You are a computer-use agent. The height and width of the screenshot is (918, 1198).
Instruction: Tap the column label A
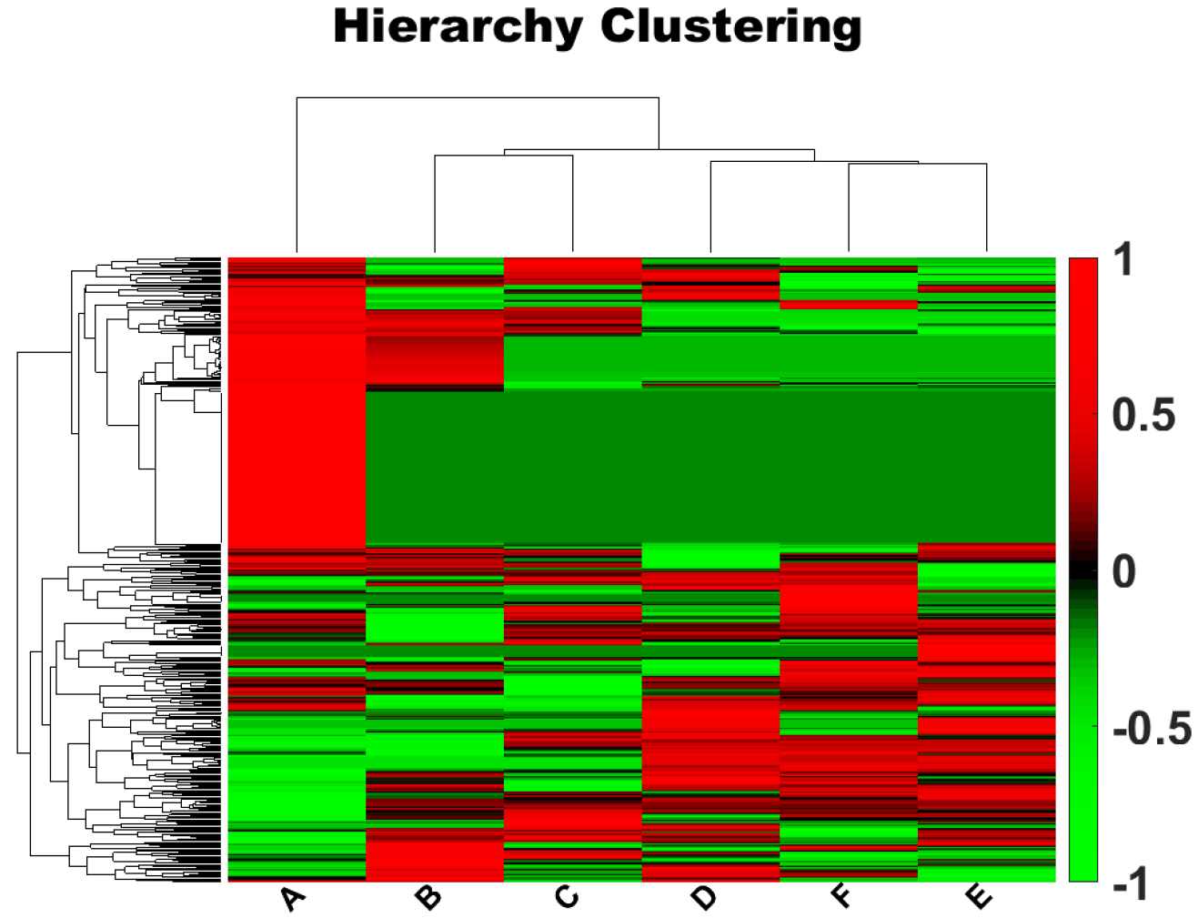(292, 898)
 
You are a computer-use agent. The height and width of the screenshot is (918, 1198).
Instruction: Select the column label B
(428, 898)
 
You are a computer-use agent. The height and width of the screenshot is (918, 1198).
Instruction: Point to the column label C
(567, 898)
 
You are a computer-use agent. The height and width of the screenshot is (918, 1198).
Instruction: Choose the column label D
(704, 898)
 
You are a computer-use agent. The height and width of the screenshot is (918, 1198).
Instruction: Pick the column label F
(842, 896)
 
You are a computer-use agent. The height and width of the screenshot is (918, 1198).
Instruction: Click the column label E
(980, 898)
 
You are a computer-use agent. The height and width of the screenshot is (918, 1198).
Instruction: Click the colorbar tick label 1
(1124, 261)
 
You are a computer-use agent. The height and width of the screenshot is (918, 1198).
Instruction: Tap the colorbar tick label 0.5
(1143, 416)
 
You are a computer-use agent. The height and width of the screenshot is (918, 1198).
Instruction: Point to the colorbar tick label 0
(1124, 572)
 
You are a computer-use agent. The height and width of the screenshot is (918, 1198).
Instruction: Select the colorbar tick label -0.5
(1152, 729)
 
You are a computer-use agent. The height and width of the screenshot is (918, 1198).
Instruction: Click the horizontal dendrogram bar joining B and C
(503, 156)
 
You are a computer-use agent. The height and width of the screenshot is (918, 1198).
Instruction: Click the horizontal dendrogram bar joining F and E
(917, 164)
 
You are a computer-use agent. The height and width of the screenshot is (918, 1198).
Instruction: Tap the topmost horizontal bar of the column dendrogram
(477, 97)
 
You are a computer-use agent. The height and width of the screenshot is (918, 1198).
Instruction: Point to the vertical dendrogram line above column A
(297, 173)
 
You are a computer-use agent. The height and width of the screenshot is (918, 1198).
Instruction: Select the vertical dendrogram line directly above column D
(710, 206)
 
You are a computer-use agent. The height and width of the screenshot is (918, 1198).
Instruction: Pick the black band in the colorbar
(1082, 571)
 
